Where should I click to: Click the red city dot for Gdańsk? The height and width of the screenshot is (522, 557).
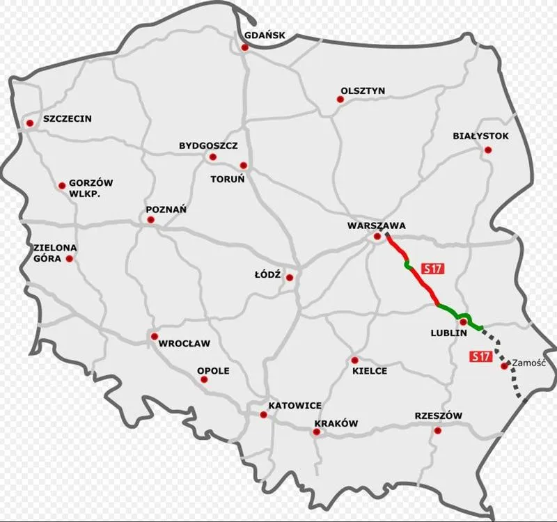[x=244, y=47]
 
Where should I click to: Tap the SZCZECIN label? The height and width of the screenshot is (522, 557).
[x=68, y=119]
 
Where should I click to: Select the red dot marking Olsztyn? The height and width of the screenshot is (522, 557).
[x=340, y=100]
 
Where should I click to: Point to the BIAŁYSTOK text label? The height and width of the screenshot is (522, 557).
[x=481, y=136]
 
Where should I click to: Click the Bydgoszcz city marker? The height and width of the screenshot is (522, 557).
[x=213, y=157]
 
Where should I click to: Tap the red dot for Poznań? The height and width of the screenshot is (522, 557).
[x=150, y=220]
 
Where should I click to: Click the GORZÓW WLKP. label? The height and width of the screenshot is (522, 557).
[x=91, y=189]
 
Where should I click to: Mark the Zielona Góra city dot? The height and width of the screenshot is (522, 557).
[x=69, y=258]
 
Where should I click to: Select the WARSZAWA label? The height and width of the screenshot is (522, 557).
[x=376, y=226]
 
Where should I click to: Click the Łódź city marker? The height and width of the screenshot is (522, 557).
[x=290, y=278]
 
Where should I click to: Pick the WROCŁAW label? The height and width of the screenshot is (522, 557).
[x=185, y=344]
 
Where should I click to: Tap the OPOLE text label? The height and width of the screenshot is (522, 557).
[x=213, y=371]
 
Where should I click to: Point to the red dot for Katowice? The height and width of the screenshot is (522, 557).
[x=263, y=415]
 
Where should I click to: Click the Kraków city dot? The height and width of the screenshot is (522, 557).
[x=317, y=432]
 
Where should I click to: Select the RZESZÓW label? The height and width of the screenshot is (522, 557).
[x=439, y=416]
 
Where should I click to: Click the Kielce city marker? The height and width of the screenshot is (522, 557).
[x=354, y=361]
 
